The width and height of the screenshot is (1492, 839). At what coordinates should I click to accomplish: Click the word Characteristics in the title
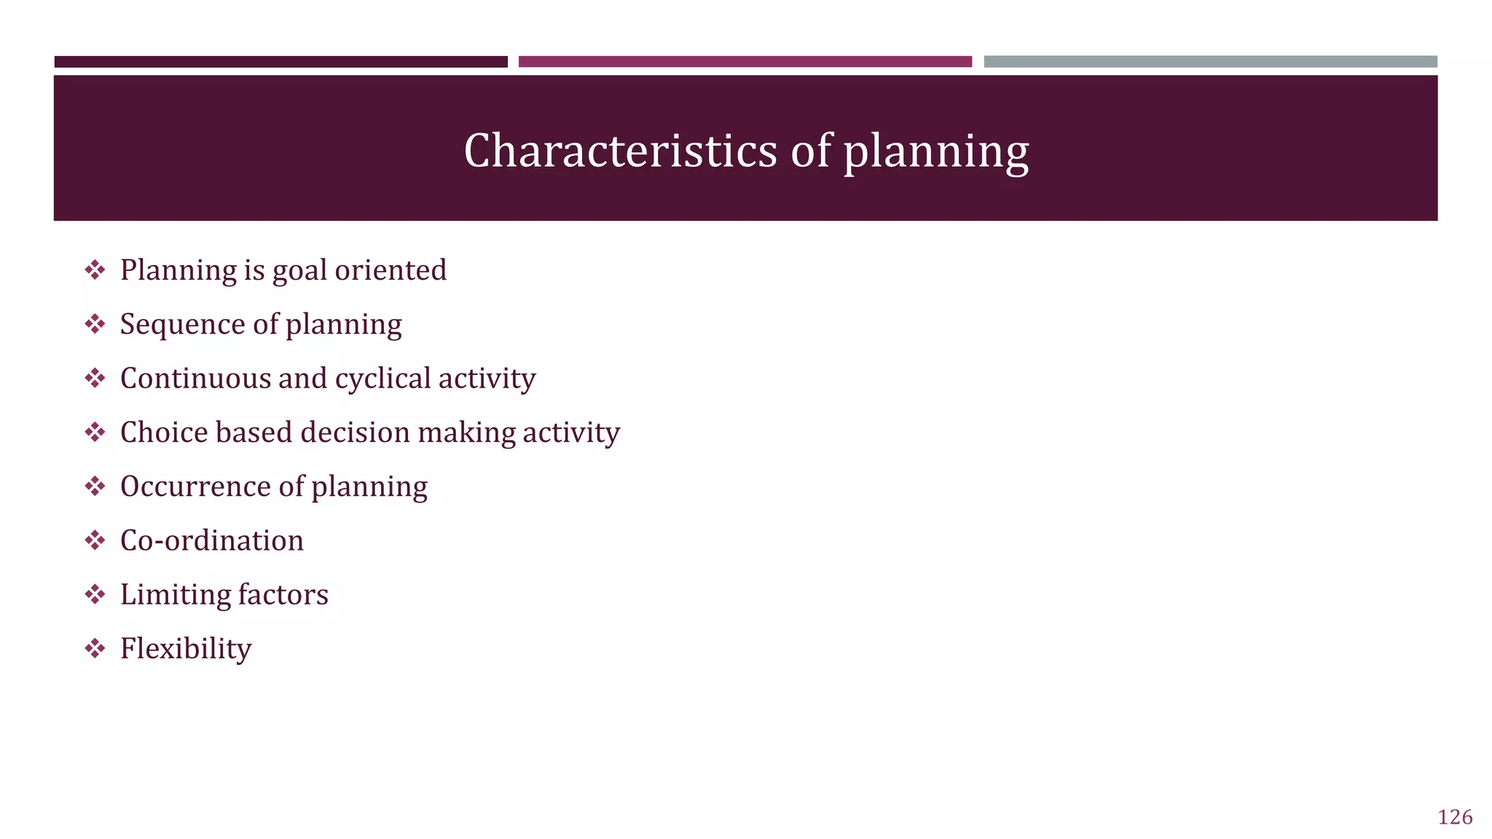(x=620, y=151)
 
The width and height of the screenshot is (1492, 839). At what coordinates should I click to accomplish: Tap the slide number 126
(x=1455, y=817)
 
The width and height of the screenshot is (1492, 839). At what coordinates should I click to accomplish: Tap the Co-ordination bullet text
(x=211, y=540)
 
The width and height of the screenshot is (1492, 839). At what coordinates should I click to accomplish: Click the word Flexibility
(x=186, y=649)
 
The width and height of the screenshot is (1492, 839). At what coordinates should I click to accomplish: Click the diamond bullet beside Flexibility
(x=95, y=648)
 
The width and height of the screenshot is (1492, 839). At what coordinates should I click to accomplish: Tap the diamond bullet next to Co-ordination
(x=95, y=540)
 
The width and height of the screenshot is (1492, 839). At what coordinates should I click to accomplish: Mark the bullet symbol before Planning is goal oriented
(x=95, y=270)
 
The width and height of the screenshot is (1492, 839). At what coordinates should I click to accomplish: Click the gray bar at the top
(x=1210, y=62)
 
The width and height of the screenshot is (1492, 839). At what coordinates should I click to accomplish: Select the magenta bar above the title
(x=745, y=62)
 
